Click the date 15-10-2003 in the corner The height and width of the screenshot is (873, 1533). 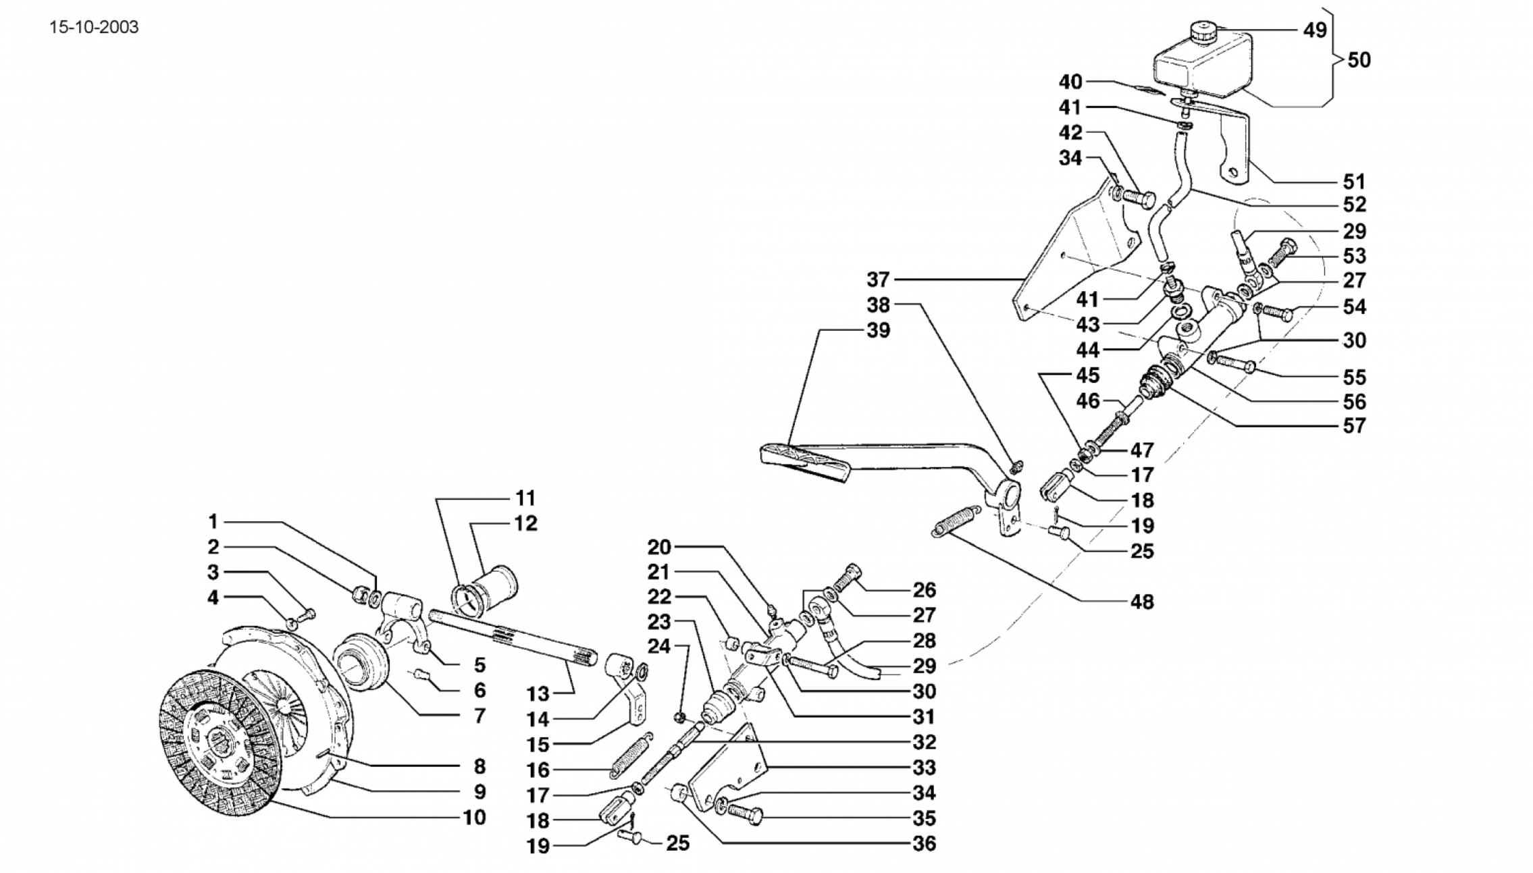pos(94,28)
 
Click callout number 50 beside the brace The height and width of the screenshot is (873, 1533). pos(1359,60)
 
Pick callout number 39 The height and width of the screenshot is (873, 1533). pos(877,331)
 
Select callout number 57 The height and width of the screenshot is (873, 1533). pos(1354,426)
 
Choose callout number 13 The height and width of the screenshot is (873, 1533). pos(538,693)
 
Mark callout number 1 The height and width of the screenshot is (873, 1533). pos(213,522)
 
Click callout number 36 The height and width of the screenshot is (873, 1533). pos(924,843)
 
